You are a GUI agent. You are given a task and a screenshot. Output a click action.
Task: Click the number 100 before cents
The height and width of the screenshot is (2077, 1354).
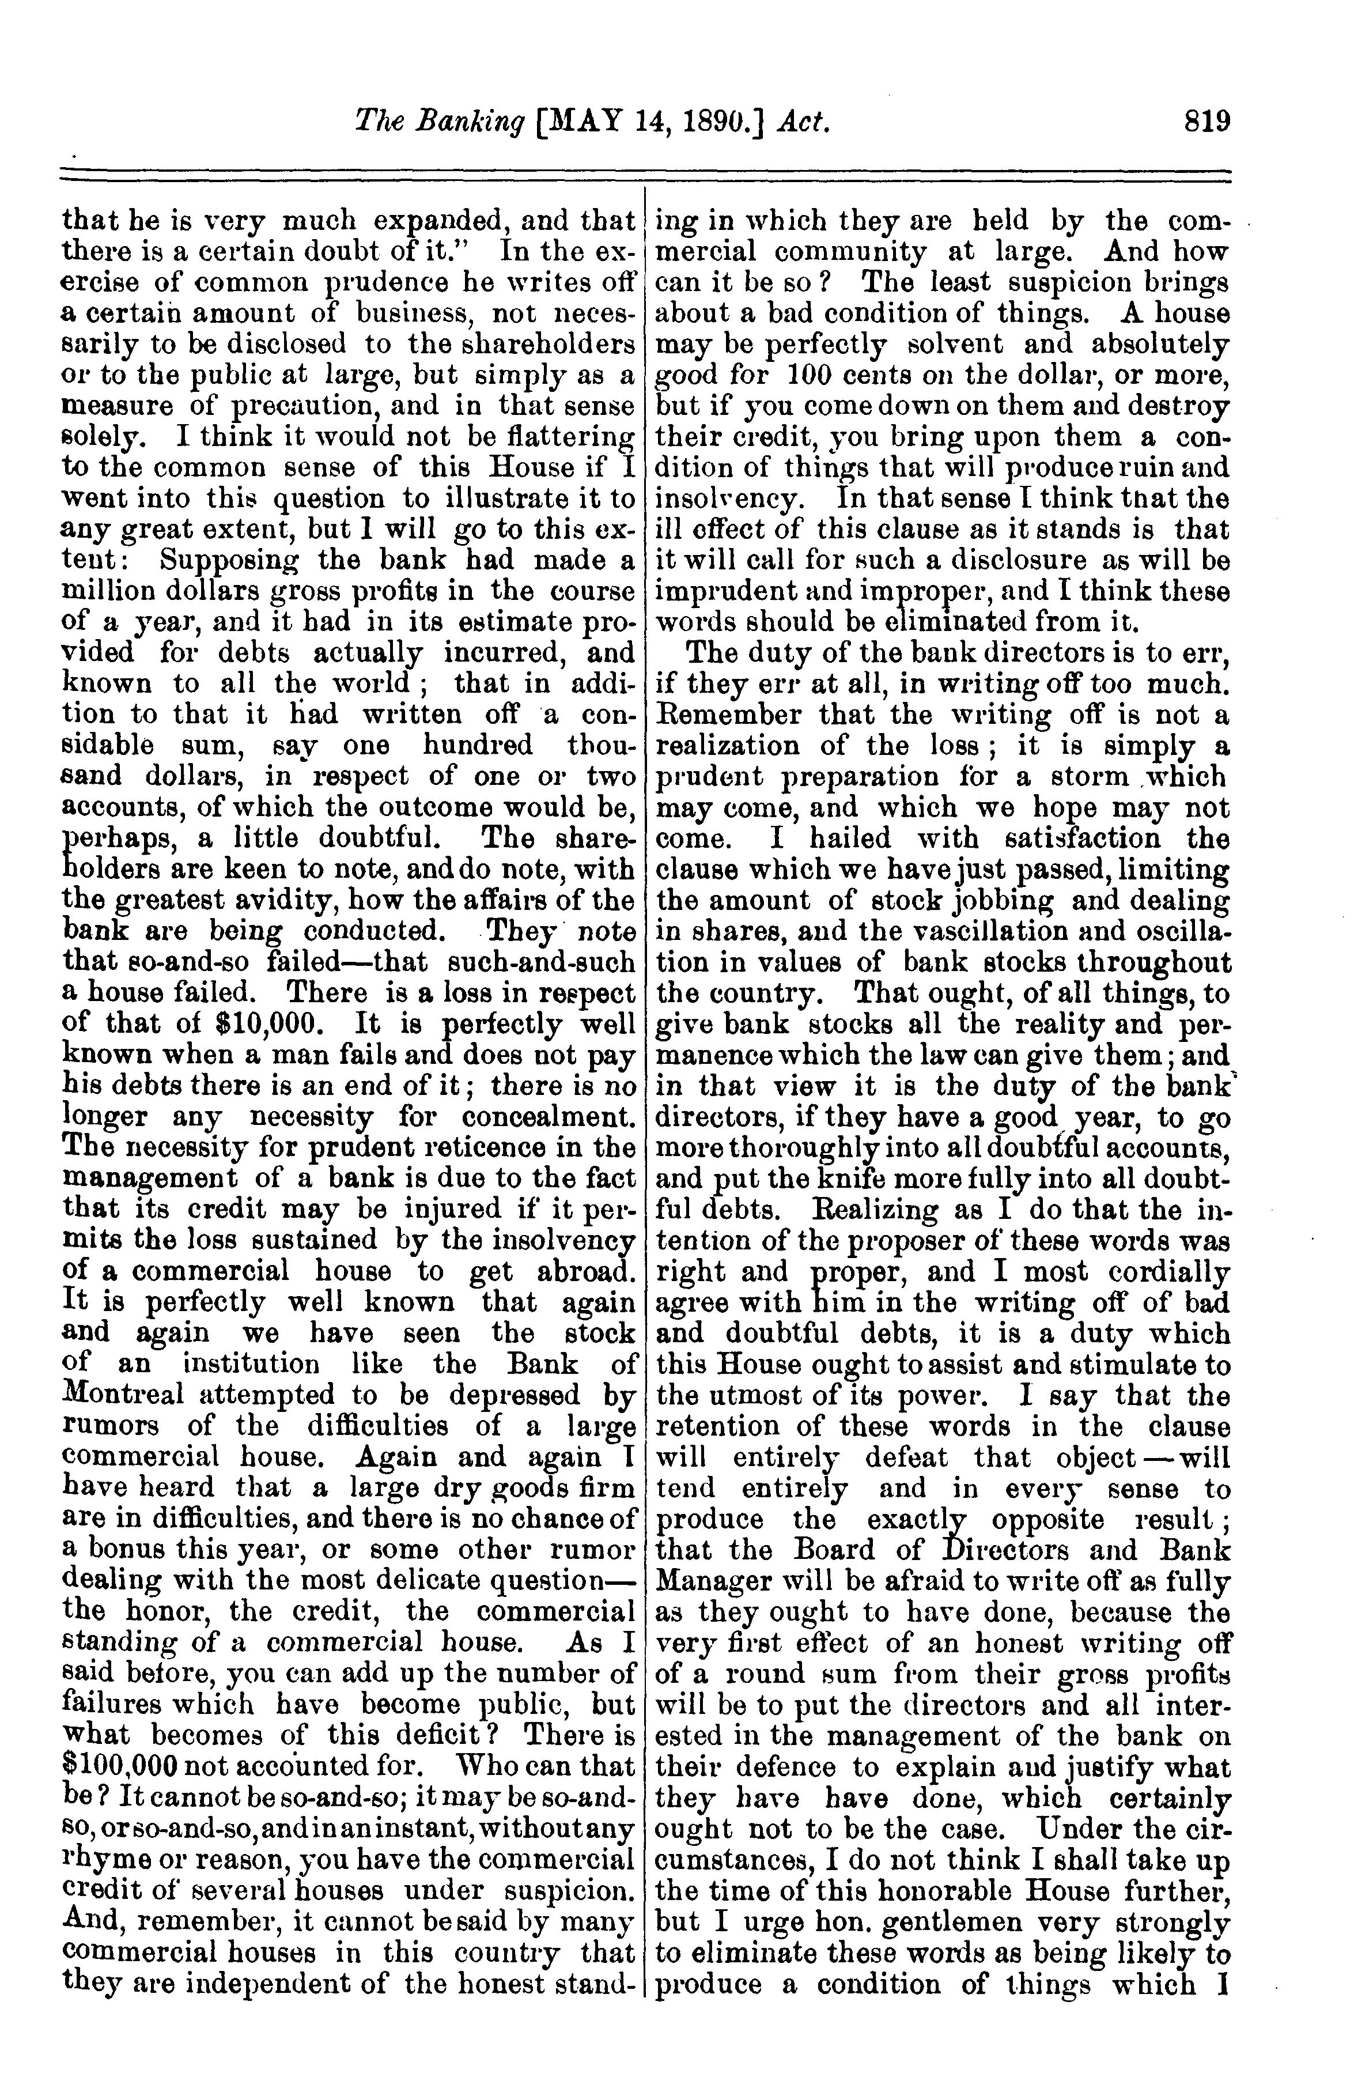(814, 375)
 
